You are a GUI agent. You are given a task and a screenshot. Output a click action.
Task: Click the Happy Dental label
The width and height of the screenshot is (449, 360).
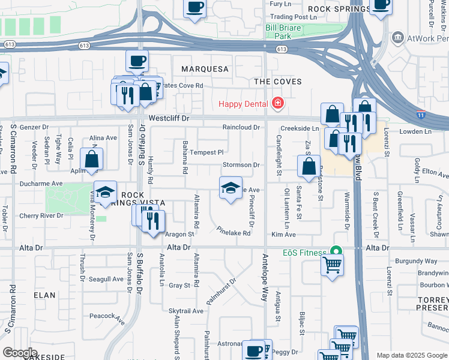[243, 103]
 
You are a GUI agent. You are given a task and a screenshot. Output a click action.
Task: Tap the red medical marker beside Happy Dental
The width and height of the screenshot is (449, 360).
[277, 103]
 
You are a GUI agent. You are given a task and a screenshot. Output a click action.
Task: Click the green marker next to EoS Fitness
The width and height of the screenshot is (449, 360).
[337, 252]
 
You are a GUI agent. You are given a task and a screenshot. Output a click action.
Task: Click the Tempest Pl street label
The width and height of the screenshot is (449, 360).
[206, 152]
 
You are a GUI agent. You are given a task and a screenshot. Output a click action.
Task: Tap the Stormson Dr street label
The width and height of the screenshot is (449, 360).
[241, 164]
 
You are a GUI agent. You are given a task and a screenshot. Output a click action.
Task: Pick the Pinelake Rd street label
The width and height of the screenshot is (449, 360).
[234, 231]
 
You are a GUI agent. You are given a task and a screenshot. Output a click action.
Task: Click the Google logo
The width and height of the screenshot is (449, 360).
[20, 353]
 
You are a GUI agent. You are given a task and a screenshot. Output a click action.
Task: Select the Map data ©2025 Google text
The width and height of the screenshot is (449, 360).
[411, 355]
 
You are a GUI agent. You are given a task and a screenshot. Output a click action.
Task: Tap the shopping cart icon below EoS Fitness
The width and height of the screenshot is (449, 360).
[332, 263]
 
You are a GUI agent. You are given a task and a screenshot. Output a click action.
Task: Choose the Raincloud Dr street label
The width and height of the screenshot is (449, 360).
[241, 127]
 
